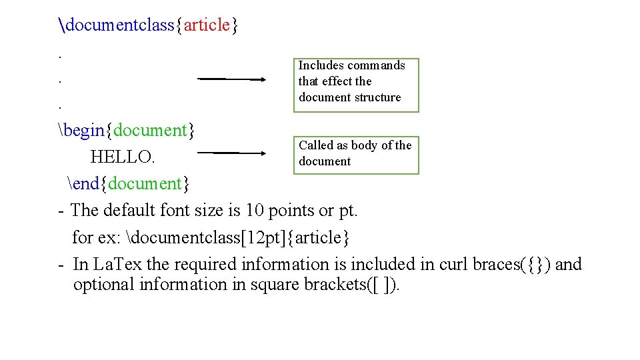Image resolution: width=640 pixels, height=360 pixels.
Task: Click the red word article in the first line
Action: pyautogui.click(x=207, y=25)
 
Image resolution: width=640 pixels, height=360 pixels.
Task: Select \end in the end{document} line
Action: pyautogui.click(x=85, y=183)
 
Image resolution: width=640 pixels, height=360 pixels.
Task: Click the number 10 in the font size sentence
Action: pyautogui.click(x=255, y=211)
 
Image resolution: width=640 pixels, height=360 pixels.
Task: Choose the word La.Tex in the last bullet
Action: pyautogui.click(x=117, y=265)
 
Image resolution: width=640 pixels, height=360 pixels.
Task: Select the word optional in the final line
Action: pyautogui.click(x=103, y=285)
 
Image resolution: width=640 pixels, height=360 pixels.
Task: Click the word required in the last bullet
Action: pyautogui.click(x=207, y=265)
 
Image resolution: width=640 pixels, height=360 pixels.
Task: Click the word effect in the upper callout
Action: pyautogui.click(x=337, y=81)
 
